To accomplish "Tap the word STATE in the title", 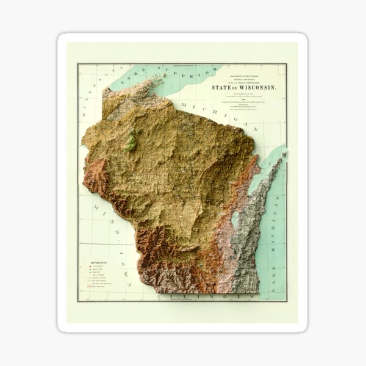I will [220, 87].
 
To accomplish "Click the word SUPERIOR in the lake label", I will [184, 77].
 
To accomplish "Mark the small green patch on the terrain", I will [130, 142].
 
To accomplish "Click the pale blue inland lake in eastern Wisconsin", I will [235, 222].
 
